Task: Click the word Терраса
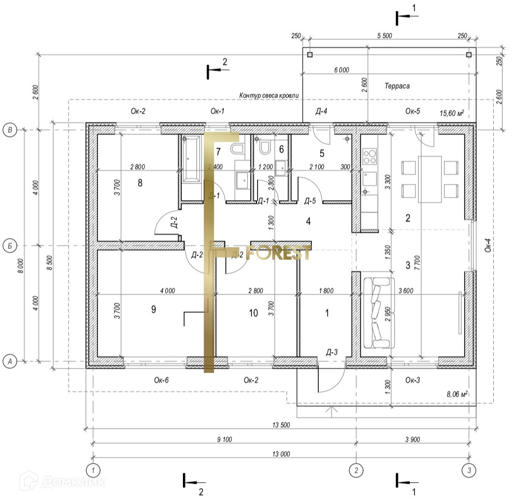coord(397,86)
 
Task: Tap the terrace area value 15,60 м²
coord(451,113)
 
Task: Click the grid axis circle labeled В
coord(9,130)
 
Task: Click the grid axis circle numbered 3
coord(468,470)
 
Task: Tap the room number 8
coord(140,183)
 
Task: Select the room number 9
coord(153,309)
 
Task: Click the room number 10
coord(253,313)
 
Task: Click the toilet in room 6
coord(265,148)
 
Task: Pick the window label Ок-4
coord(488,248)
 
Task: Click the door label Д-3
coord(332,353)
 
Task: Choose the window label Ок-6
coord(161,380)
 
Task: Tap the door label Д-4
coord(321,111)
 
